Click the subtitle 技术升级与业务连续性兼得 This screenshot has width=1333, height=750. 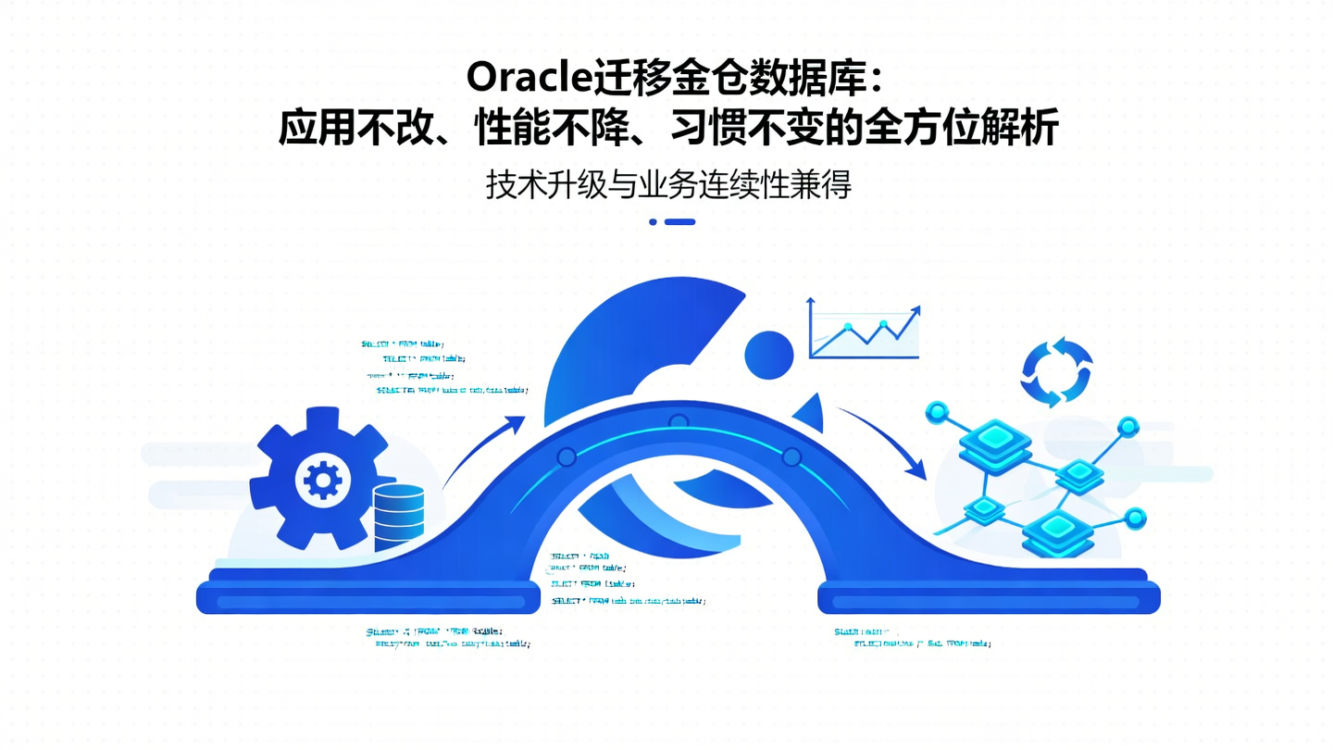[668, 185]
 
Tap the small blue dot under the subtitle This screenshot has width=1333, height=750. [653, 222]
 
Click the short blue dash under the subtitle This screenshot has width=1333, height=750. [679, 222]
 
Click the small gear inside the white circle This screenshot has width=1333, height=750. [322, 479]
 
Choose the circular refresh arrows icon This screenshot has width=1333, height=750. [1056, 371]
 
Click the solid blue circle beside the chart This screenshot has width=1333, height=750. [769, 355]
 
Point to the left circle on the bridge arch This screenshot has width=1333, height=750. [567, 456]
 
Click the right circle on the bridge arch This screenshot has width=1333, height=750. [791, 456]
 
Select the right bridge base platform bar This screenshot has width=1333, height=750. [988, 600]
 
